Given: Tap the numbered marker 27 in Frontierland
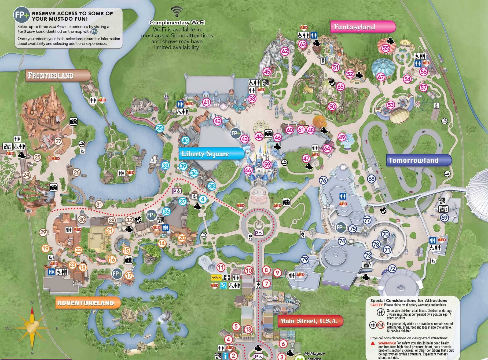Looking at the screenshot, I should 58,141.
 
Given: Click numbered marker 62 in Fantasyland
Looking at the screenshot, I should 285,51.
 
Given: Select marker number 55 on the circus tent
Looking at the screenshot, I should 386,48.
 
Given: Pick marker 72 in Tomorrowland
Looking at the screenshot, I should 392,268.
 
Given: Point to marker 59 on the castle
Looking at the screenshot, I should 267,164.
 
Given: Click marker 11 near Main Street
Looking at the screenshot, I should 221,267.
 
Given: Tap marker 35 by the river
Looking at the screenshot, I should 160,128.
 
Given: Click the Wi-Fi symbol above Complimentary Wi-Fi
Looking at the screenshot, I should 177,12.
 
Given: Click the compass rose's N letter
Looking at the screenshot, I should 32,303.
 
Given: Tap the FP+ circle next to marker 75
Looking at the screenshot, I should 341,228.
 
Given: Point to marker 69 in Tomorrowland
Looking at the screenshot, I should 445,217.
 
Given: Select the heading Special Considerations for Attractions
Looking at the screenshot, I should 409,300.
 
